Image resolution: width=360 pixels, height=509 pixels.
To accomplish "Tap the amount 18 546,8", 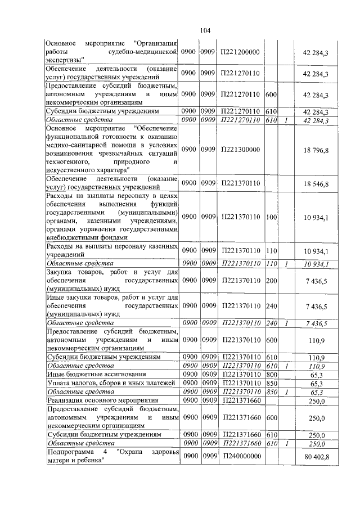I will pyautogui.click(x=316, y=183).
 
